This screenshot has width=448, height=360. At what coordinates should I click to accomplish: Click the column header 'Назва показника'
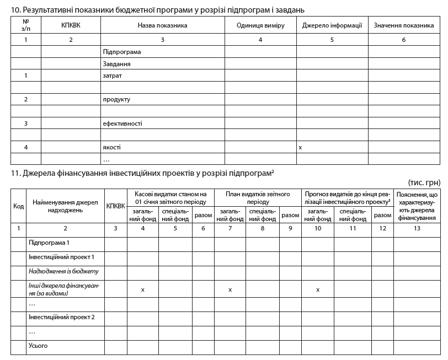(162, 25)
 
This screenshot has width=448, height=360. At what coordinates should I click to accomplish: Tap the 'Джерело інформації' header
(332, 25)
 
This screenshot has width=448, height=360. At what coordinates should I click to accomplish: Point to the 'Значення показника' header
(404, 25)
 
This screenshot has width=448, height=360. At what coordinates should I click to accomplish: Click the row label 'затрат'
(112, 76)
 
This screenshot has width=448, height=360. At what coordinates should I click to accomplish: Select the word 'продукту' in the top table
(116, 99)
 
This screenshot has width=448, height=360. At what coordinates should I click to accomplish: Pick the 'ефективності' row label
(122, 123)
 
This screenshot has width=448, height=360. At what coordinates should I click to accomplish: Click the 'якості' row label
(111, 147)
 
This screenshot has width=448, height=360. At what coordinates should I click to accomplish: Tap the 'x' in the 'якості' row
(300, 148)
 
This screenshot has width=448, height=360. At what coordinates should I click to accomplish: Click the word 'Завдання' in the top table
(116, 63)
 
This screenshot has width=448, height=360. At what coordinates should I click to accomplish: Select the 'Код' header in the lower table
(18, 206)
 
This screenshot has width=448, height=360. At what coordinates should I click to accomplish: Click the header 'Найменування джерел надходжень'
(65, 206)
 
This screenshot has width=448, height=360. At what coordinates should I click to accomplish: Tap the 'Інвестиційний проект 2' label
(61, 317)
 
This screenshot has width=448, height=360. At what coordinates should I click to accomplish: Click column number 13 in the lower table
(417, 228)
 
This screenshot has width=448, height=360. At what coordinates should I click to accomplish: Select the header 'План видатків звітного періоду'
(254, 198)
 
